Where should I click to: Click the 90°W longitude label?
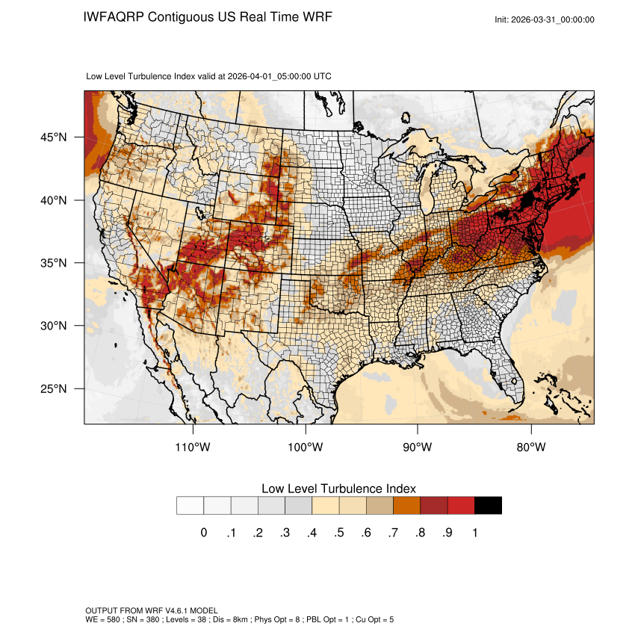[x=418, y=447]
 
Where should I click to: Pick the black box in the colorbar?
[x=488, y=506]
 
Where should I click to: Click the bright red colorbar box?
[x=461, y=506]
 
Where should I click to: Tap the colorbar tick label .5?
[x=339, y=533]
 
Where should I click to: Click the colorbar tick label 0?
[x=203, y=533]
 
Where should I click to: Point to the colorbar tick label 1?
[x=474, y=533]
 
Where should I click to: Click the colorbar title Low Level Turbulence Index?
[x=338, y=488]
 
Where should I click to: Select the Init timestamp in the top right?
[x=545, y=19]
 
